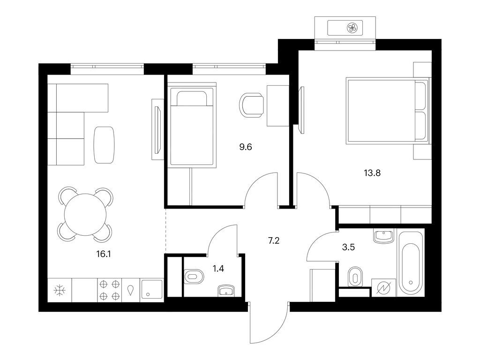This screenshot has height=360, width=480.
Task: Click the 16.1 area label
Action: coord(104,254)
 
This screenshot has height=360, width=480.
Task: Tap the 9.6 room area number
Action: coord(246,147)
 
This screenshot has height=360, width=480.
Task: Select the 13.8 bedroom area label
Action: coord(372,173)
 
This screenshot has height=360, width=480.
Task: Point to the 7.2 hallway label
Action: coord(274,241)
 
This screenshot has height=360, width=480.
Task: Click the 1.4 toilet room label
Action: coord(218,269)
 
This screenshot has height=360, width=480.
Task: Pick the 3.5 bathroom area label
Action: coord(348,247)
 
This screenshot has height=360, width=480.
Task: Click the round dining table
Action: coord(85,215)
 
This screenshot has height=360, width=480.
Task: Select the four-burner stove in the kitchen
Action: coord(110,290)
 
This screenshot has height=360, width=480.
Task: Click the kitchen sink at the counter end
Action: coord(151,290)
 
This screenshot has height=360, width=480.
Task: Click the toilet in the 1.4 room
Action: coord(194,277)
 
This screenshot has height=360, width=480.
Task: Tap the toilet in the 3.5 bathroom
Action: coord(355,277)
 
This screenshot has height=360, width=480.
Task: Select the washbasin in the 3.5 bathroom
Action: coord(383,236)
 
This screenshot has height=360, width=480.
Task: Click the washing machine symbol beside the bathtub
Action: coord(383,288)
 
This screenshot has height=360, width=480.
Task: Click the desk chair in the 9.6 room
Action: coord(251,105)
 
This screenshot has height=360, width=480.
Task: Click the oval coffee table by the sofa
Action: coord(104,145)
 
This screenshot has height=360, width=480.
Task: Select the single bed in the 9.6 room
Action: coord(192,127)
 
